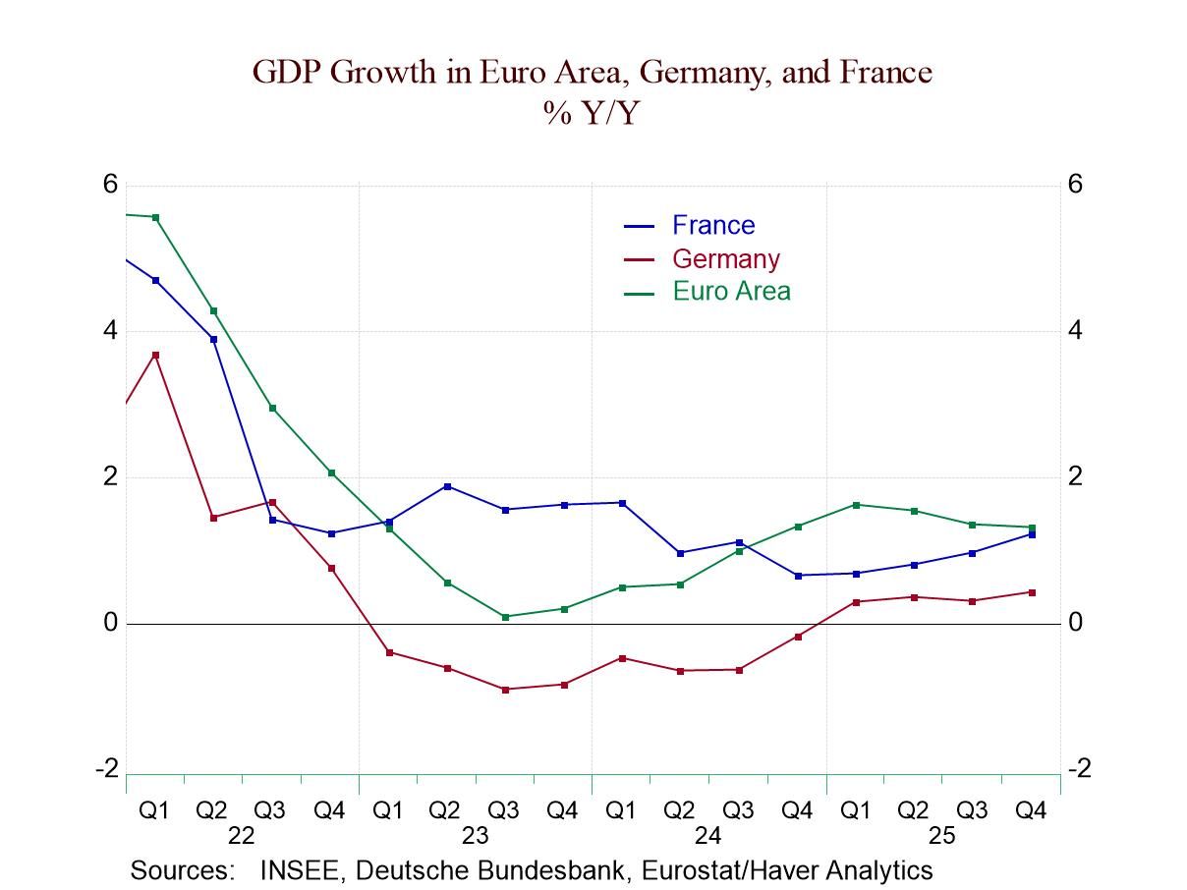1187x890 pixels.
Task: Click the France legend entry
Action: point(712,225)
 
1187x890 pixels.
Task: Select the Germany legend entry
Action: point(725,258)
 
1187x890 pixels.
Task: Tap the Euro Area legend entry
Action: point(730,291)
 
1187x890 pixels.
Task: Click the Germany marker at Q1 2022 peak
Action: point(155,355)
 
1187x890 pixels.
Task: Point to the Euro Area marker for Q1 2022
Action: point(155,217)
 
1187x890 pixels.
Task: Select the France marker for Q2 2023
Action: point(447,486)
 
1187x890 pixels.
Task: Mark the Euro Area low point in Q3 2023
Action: point(505,617)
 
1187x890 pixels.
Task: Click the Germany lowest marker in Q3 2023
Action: point(505,690)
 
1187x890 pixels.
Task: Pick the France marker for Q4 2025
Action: point(1031,534)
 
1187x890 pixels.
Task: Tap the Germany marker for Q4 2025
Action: point(1031,592)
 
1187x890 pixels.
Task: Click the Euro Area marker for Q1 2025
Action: point(856,505)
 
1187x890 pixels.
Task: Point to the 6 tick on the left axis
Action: point(110,184)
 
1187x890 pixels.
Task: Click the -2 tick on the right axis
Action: point(1079,768)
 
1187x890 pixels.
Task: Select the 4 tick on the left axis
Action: point(110,330)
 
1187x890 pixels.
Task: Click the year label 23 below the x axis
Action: point(475,836)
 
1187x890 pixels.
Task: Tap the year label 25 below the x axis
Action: point(941,836)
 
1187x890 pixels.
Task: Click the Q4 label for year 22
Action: point(329,810)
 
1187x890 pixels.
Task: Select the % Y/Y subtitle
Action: point(591,113)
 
